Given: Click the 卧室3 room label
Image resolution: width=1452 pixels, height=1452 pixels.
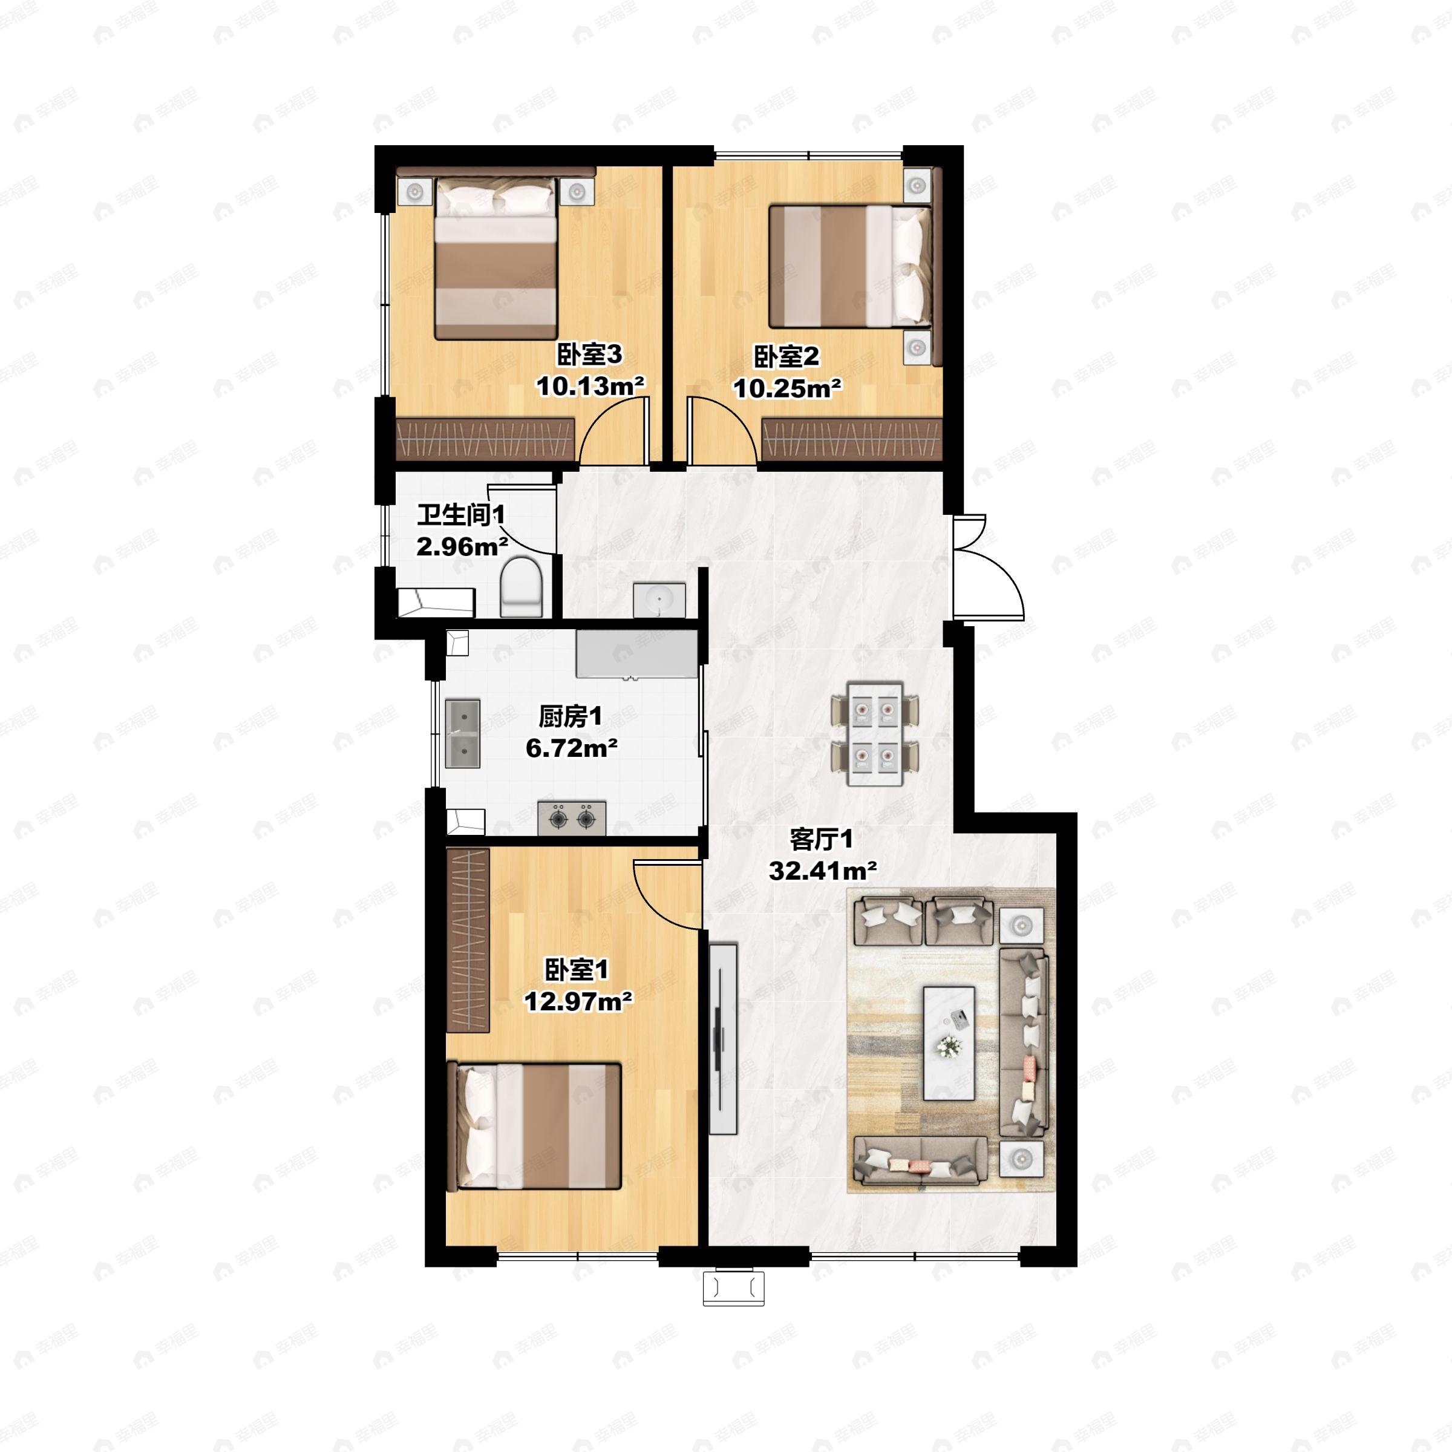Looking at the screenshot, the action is [x=589, y=354].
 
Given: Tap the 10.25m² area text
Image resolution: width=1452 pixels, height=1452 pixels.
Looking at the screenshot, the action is [x=787, y=388].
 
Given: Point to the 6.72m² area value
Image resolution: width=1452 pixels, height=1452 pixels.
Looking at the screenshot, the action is [x=571, y=748].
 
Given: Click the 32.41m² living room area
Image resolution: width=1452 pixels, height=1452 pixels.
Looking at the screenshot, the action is [x=823, y=871].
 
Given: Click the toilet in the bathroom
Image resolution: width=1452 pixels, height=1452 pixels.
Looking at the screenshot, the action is [x=522, y=587].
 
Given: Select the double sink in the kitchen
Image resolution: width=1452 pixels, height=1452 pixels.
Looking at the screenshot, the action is [x=463, y=733].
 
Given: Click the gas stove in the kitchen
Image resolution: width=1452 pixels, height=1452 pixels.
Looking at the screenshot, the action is [x=572, y=818].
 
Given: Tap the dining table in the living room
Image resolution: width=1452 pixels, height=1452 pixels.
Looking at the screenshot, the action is [x=875, y=733].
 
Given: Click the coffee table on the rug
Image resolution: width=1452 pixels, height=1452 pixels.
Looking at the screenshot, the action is [x=949, y=1043].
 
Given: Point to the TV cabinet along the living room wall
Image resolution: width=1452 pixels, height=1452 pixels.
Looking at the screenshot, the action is [x=723, y=1038].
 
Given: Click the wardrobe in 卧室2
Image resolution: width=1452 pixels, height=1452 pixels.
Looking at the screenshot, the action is [x=851, y=440].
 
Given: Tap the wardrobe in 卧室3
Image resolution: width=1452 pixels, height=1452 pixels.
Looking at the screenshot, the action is [x=485, y=440].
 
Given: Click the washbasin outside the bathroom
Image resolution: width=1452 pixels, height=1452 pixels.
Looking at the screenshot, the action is [x=659, y=600].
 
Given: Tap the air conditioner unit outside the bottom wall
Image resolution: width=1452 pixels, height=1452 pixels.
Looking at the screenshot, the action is [x=733, y=1288].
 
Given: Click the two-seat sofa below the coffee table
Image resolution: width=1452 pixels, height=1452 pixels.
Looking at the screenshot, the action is [x=921, y=1160].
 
